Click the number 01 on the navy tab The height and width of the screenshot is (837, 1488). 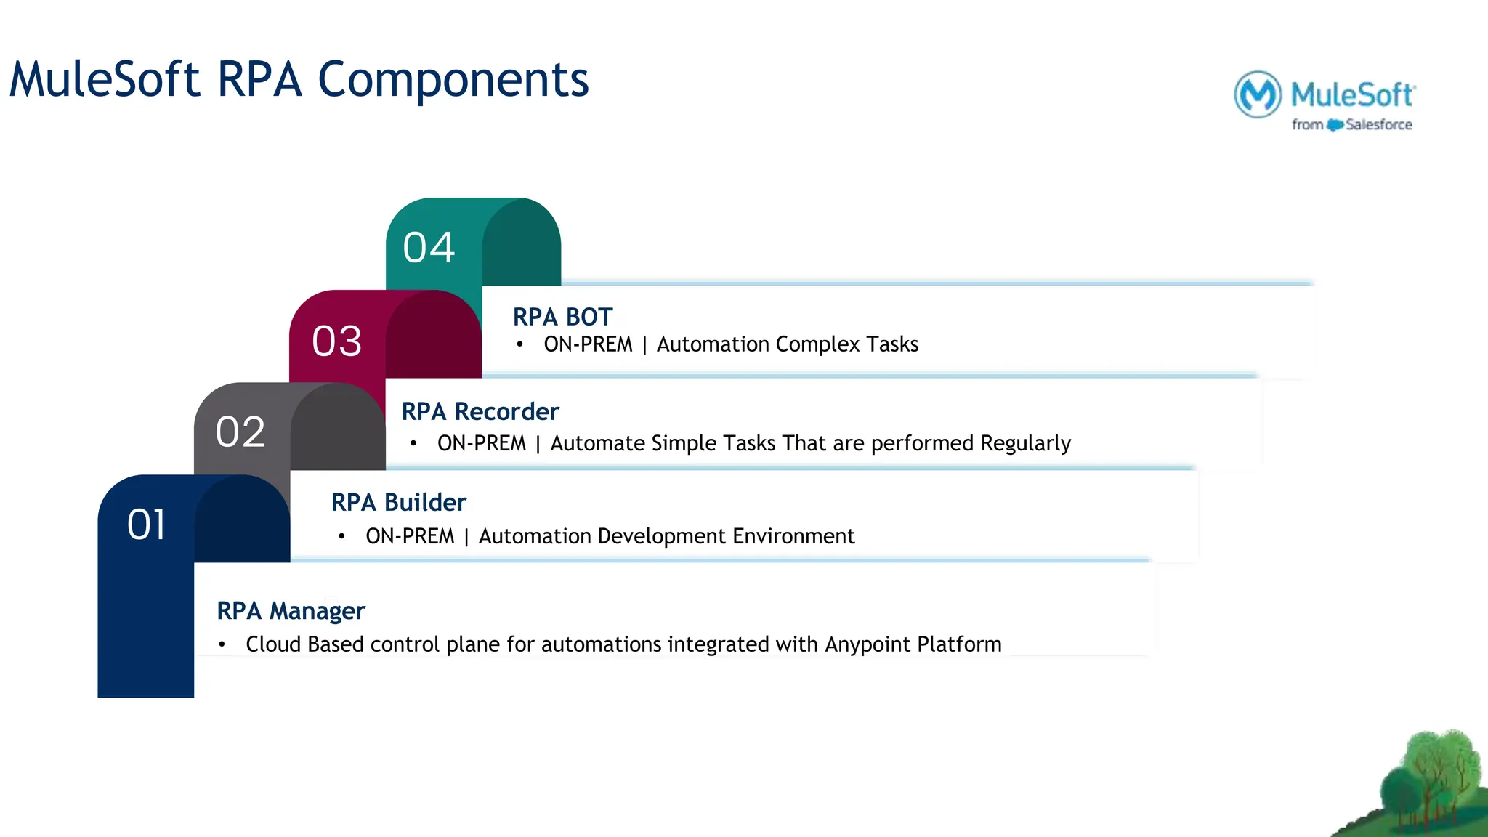tap(146, 524)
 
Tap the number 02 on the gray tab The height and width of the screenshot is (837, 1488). tap(240, 432)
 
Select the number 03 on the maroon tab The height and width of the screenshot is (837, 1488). tap(336, 341)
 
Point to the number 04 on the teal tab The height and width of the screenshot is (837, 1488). tap(429, 247)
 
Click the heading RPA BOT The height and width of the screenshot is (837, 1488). tap(562, 317)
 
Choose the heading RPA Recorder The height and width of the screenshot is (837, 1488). tap(480, 411)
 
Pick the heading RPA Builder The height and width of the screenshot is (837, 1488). tap(398, 502)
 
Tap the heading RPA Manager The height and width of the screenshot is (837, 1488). tap(291, 610)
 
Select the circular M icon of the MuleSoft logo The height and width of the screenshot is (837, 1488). tap(1257, 94)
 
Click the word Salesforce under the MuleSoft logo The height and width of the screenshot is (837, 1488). tap(1378, 125)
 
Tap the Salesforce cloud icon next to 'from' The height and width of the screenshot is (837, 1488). tap(1335, 125)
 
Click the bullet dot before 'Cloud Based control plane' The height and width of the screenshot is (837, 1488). tap(222, 644)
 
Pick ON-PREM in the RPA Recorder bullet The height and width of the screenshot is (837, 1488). tap(481, 443)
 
